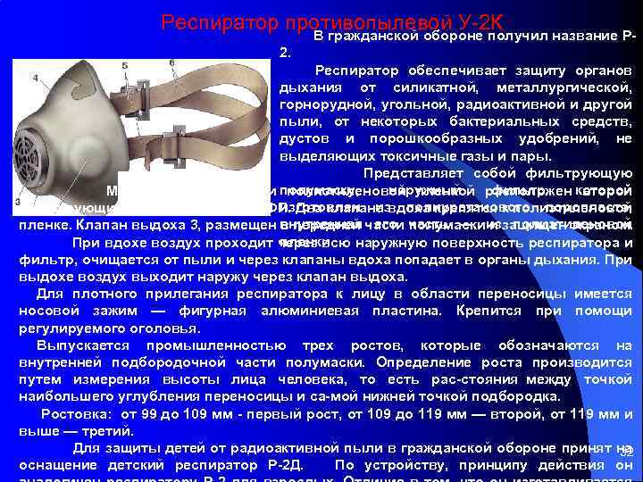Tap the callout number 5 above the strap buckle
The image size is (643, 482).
click(x=124, y=66)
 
